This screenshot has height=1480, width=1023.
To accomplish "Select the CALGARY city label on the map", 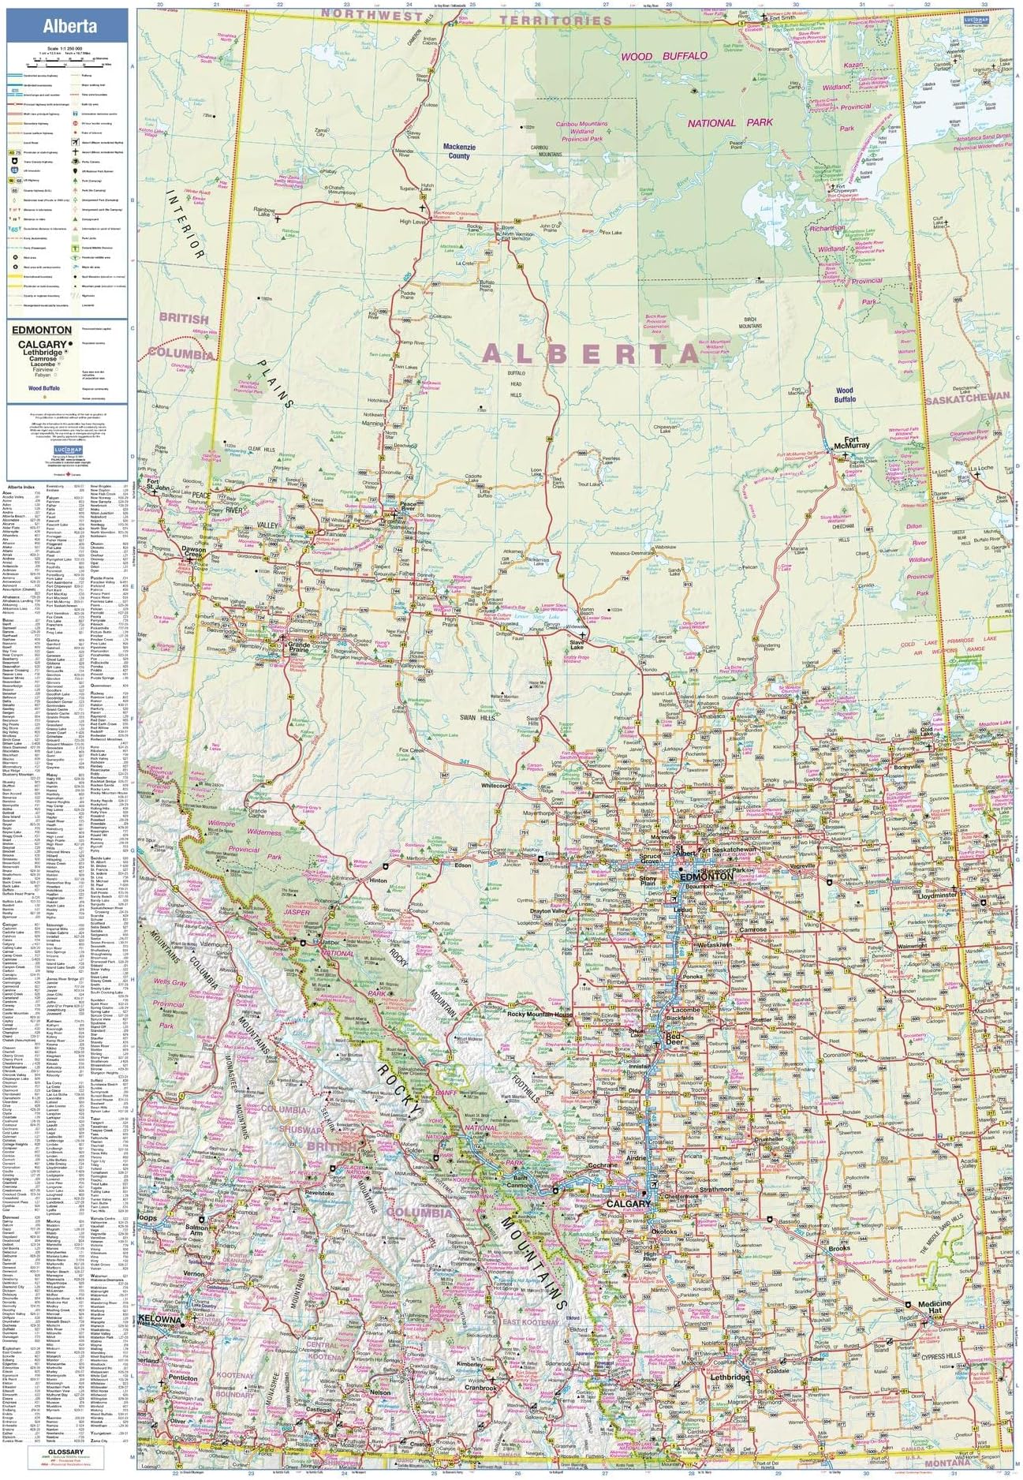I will (x=629, y=1205).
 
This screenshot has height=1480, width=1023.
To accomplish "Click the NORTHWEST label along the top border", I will (x=360, y=14).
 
